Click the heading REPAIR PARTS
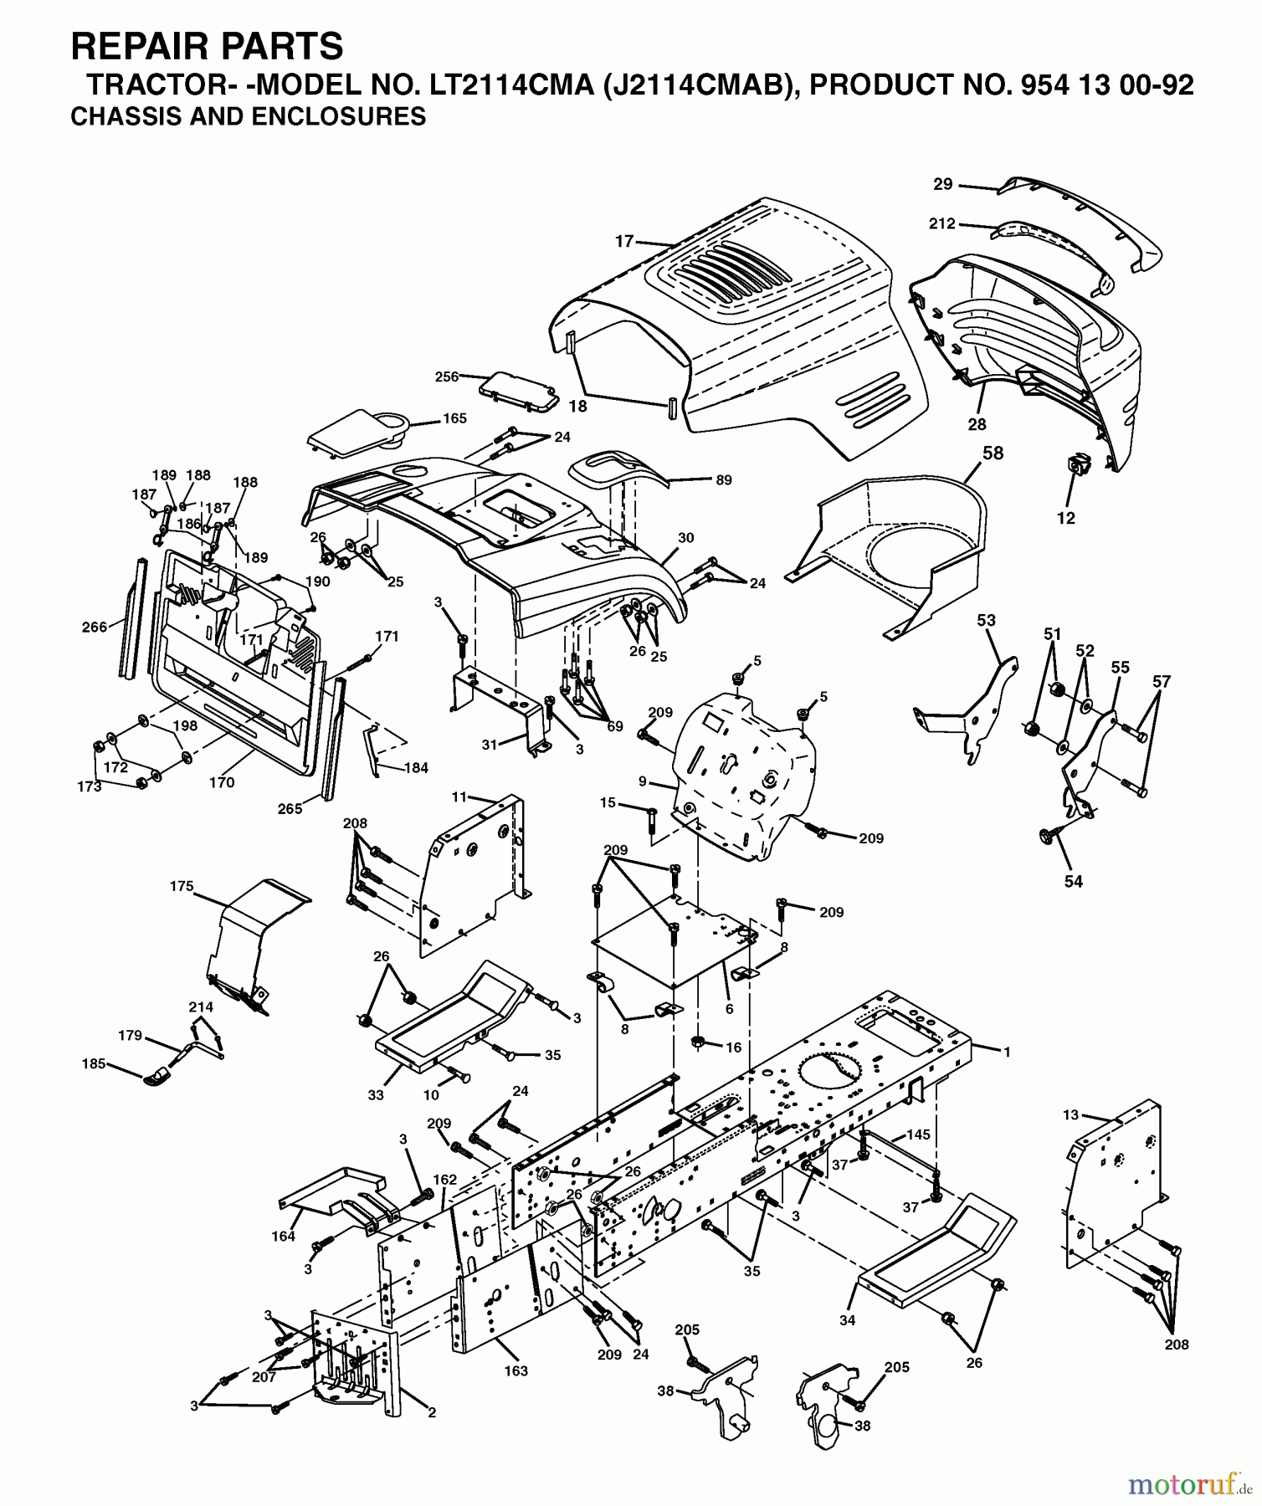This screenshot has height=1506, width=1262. pos(207,47)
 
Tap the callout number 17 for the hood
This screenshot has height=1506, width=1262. pos(624,242)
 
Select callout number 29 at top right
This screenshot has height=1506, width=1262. pos(943,183)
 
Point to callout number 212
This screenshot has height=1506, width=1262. pos(941,223)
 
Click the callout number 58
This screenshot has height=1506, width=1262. pos(993,453)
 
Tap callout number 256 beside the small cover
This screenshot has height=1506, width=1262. pos(447,376)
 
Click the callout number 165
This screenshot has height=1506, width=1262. pos(454,418)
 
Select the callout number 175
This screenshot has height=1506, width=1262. pos(182,886)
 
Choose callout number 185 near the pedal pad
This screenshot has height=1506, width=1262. pos(94,1063)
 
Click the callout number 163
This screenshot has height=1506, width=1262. pos(516,1370)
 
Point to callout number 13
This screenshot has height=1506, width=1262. pos(1071,1115)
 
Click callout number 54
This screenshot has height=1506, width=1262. pos(1073,881)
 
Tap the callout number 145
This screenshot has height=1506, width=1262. pos(918,1135)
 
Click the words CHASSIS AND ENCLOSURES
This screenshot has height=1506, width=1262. pos(248,116)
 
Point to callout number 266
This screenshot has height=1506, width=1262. pos(95,627)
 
